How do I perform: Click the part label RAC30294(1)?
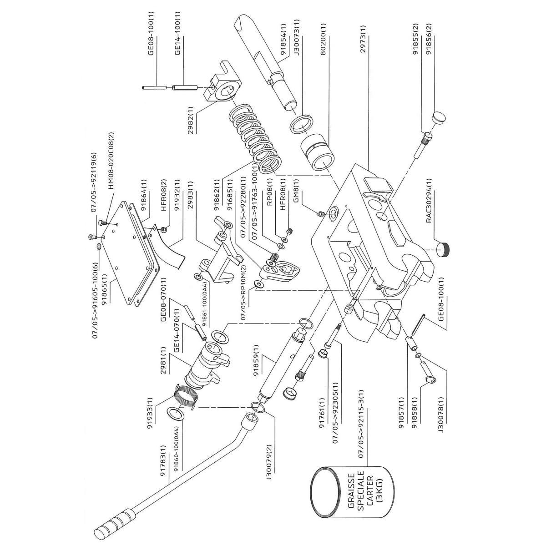(430, 200)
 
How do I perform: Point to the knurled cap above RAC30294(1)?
(444, 249)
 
